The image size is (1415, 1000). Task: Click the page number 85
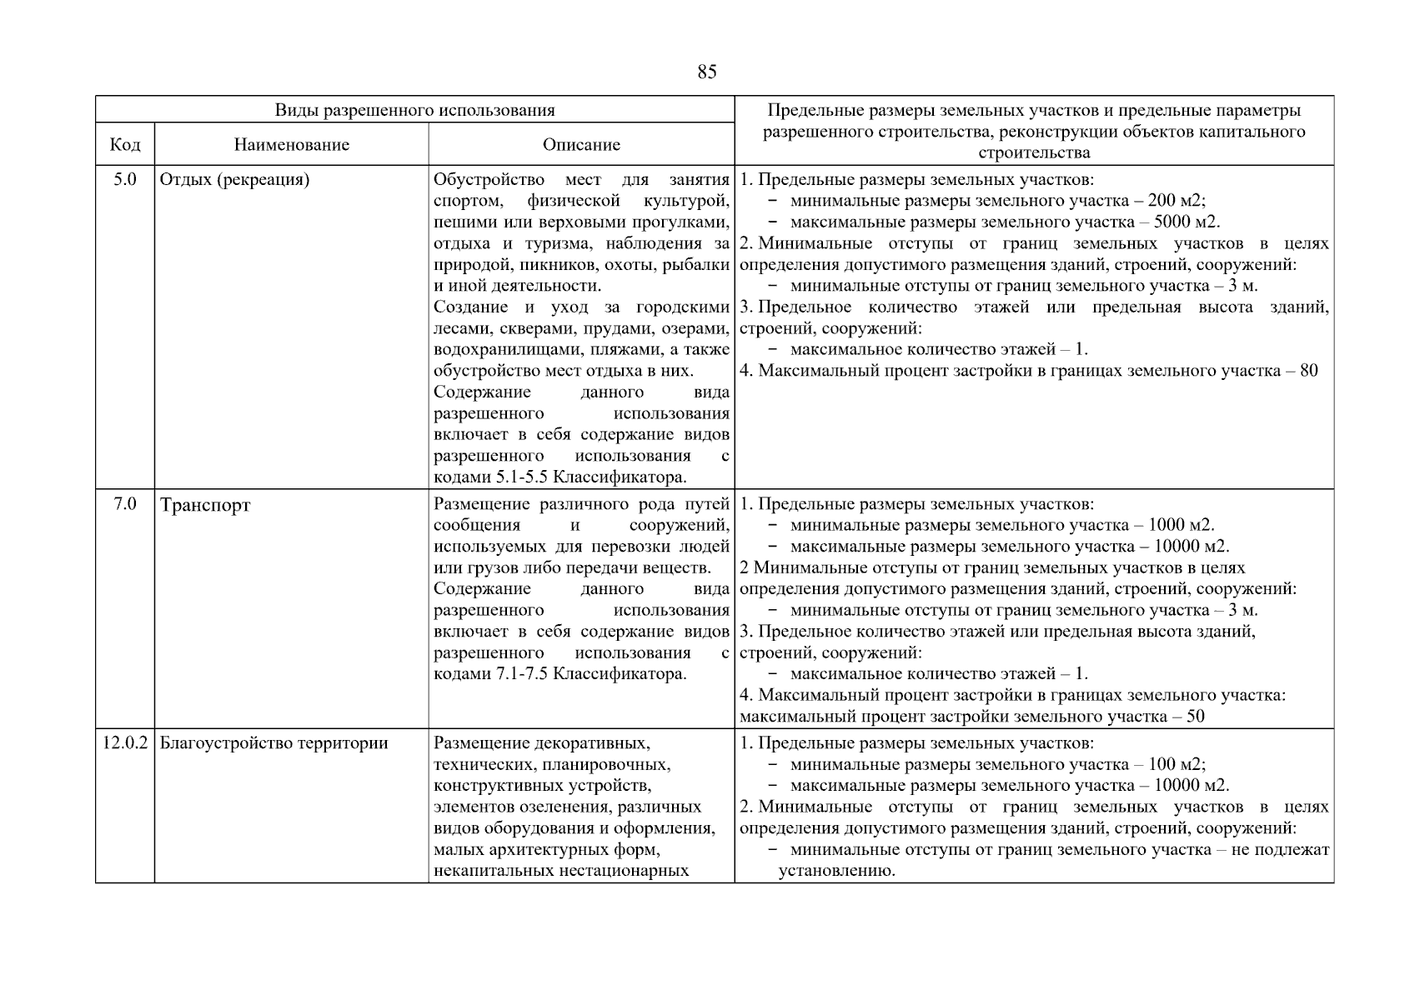tap(706, 72)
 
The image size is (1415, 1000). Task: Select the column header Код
tap(125, 145)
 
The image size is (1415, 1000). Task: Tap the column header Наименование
tap(291, 145)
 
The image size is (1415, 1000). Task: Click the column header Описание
tap(581, 145)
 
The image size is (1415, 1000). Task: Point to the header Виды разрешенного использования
tap(414, 110)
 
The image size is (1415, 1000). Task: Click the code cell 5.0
tap(125, 179)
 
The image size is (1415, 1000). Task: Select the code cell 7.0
tap(125, 503)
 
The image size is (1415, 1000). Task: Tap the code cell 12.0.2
tap(125, 742)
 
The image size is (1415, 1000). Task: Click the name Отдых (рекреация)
tap(234, 180)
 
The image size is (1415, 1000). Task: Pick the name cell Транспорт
tap(205, 505)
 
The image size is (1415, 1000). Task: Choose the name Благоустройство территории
tap(273, 742)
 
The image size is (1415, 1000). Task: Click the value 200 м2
tap(1176, 201)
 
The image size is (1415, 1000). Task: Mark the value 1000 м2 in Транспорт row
tap(1181, 525)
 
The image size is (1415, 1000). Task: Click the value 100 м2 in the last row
tap(1176, 764)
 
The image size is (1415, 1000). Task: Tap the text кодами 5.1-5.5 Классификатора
tap(559, 477)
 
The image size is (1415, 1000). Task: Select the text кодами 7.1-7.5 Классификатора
tap(559, 673)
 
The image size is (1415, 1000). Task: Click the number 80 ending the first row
tap(1308, 371)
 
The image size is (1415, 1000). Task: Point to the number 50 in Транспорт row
tap(1195, 717)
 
